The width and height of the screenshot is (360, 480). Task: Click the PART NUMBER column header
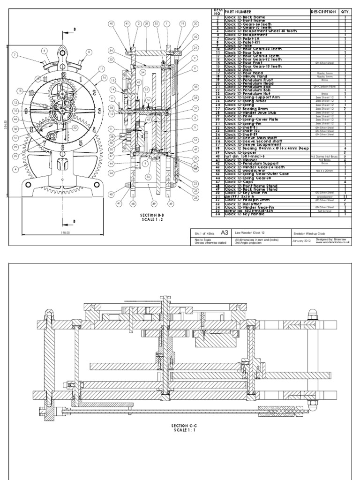tap(240, 12)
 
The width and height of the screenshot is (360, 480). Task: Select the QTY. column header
tap(345, 12)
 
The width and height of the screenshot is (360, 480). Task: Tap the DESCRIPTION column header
tap(323, 12)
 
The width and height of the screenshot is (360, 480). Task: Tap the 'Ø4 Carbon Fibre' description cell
tap(323, 86)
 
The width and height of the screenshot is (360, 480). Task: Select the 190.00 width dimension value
tap(65, 232)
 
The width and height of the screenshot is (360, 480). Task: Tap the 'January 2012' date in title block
tap(302, 241)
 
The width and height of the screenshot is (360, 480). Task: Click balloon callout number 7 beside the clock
tap(15, 55)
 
